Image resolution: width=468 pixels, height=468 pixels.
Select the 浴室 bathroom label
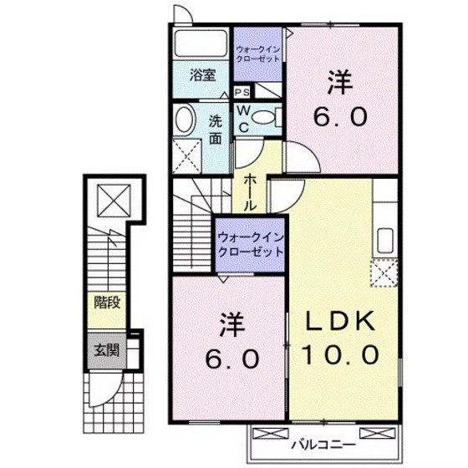(x=202, y=74)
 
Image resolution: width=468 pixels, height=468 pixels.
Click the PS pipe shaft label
(x=242, y=92)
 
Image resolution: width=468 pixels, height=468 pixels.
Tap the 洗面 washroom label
(x=215, y=128)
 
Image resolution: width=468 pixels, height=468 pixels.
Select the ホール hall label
(x=251, y=191)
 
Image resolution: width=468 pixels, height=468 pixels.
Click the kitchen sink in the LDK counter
(x=386, y=240)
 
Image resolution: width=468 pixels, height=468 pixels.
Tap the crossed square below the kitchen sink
(x=385, y=272)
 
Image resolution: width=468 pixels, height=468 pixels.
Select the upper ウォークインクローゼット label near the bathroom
(x=260, y=52)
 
